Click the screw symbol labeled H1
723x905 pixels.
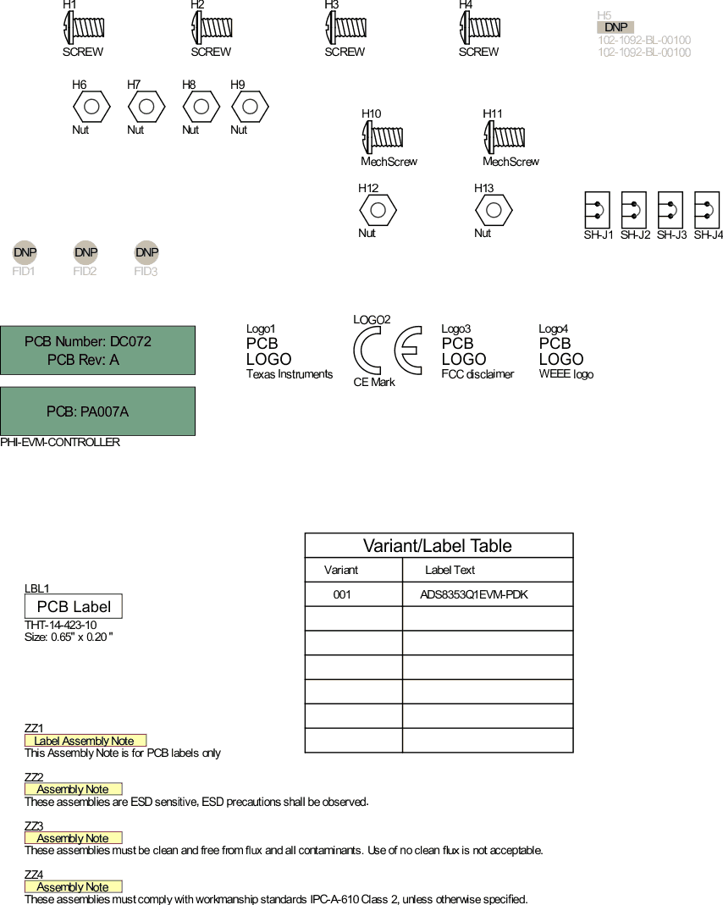(84, 28)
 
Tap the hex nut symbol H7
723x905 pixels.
(146, 108)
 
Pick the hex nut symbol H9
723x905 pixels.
(250, 108)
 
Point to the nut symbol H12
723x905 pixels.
(378, 209)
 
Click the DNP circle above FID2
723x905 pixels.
(86, 252)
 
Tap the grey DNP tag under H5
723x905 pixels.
(615, 27)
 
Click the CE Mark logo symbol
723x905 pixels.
(387, 350)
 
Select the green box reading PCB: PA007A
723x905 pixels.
(97, 411)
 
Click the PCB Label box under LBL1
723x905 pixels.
(74, 606)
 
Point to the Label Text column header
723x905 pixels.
(450, 570)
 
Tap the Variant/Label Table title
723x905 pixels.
(438, 545)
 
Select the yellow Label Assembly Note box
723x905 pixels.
(85, 741)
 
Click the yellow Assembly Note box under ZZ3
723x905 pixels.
(73, 838)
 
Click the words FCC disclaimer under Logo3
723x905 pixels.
(477, 374)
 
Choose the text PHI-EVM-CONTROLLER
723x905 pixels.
(60, 442)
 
